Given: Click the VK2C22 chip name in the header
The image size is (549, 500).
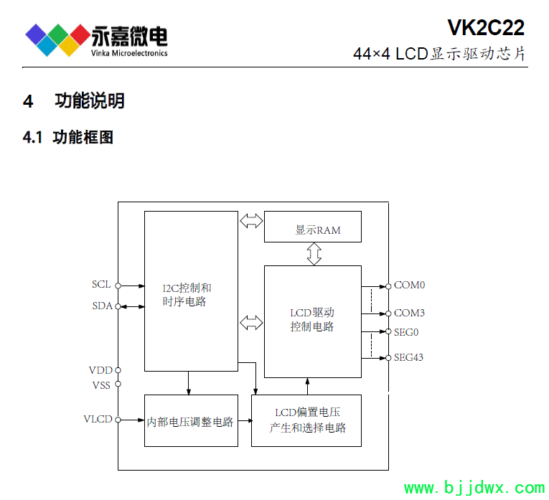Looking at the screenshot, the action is click(486, 27).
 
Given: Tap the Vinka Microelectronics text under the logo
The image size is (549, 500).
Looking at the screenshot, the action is click(129, 53).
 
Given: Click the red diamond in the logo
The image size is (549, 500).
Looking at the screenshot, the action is click(80, 34).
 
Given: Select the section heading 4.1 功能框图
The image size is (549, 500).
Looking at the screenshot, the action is click(68, 137).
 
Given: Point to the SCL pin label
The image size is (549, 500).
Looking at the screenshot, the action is click(101, 284).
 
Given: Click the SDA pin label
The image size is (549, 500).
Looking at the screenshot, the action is click(102, 306).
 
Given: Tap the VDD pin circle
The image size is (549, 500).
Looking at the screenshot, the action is click(118, 370).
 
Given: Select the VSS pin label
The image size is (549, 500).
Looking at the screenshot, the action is click(101, 385).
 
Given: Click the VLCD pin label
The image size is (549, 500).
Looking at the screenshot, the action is click(98, 419).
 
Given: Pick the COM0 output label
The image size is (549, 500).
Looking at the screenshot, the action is click(409, 286).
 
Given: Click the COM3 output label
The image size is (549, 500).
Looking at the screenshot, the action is click(409, 313).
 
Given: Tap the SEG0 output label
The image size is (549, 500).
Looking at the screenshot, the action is click(406, 332).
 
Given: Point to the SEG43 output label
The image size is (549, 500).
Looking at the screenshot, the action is click(408, 357).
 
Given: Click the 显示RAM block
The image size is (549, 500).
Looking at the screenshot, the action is click(313, 227).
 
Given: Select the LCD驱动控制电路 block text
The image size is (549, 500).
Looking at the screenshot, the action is click(312, 319).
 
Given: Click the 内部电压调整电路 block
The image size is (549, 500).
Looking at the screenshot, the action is click(191, 420).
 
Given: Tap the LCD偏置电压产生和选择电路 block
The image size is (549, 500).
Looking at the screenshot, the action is click(306, 420).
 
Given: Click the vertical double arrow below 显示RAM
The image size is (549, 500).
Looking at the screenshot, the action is click(314, 254).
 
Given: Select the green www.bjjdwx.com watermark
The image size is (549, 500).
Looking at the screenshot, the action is click(474, 488).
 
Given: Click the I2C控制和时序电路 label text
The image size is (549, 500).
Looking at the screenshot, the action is click(187, 295).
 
